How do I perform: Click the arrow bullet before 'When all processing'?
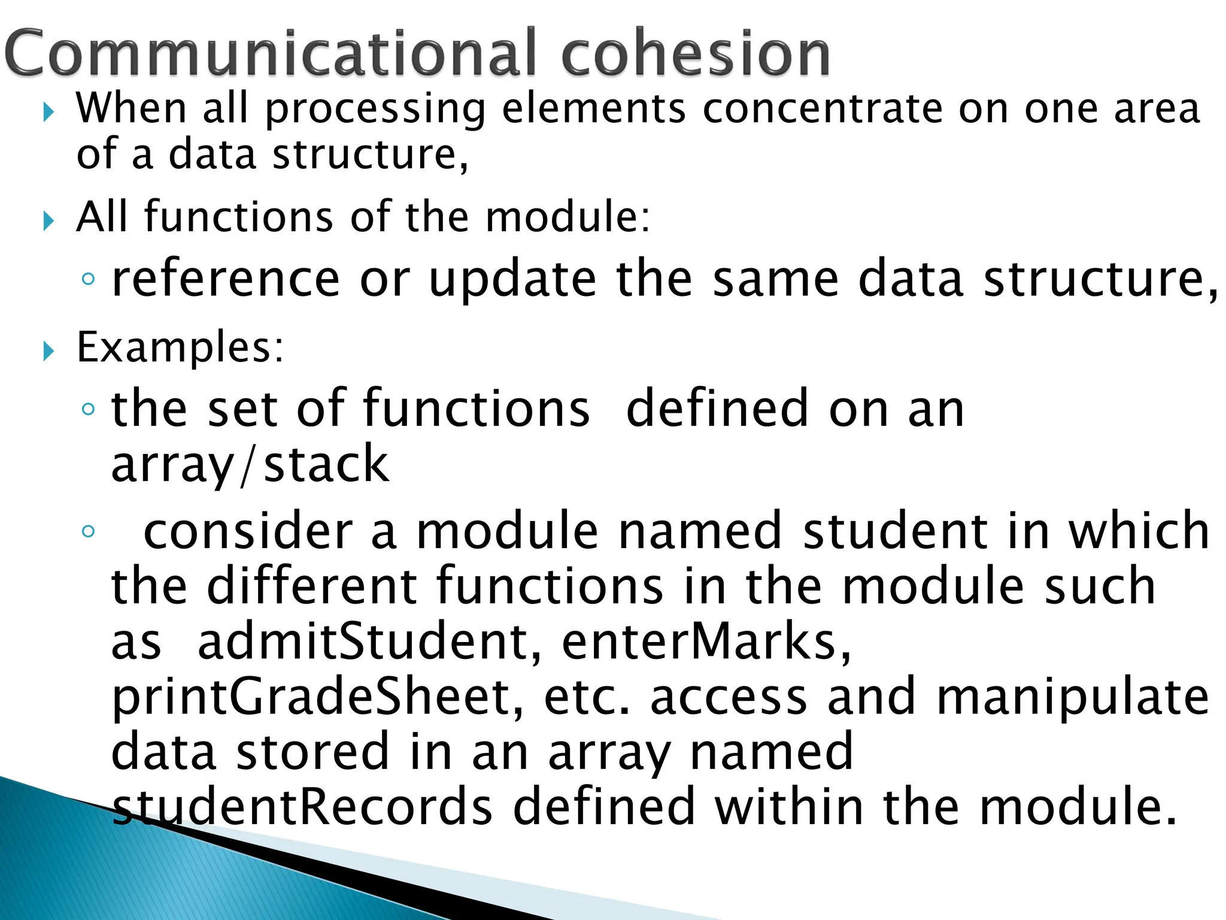coord(48,112)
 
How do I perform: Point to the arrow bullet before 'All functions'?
coord(48,221)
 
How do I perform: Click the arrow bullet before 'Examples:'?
coord(48,352)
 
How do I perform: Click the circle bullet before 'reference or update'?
coord(88,279)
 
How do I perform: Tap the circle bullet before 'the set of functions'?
coord(88,409)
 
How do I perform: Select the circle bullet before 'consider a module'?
coord(88,531)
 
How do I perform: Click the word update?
coord(512,279)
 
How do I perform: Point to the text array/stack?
coord(250,464)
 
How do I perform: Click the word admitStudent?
coord(369,641)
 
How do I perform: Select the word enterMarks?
coord(706,641)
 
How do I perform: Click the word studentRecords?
coord(302,806)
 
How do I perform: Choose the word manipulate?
coord(1072,697)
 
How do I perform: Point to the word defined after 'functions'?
coord(718,408)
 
